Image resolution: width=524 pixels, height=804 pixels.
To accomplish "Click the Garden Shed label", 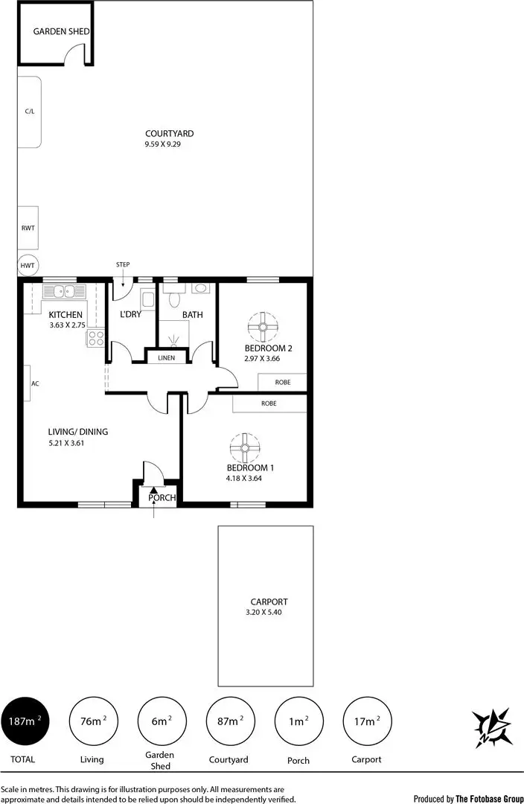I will point(62,31).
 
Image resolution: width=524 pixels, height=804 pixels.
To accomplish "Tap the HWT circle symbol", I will point(28,265).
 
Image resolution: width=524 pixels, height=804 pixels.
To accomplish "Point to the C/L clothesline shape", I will point(29,111).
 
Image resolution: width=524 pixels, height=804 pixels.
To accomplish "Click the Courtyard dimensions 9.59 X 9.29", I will point(163,144).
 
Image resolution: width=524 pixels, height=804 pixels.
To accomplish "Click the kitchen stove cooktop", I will point(96,339).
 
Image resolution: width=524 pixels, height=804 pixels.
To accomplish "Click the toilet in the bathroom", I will point(175,299).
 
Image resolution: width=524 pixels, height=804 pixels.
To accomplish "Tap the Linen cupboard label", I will point(167,358).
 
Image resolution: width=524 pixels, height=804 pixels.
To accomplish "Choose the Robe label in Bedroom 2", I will point(282,382).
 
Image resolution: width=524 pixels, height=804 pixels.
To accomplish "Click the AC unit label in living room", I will point(34,384).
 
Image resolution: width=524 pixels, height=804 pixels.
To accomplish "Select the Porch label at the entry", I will point(162,498).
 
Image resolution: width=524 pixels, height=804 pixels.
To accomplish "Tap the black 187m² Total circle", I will point(26,721).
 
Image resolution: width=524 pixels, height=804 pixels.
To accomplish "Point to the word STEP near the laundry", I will point(123,264).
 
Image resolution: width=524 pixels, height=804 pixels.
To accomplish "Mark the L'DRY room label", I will point(130,315).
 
